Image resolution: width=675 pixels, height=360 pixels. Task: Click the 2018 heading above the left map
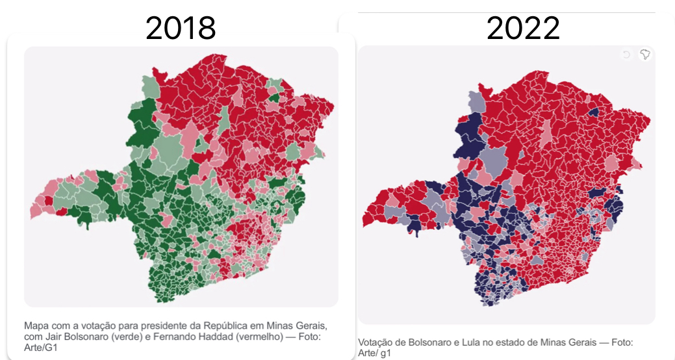coord(180,28)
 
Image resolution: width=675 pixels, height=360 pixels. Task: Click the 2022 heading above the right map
coord(523,28)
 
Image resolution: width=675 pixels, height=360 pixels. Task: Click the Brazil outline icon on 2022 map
coord(644,55)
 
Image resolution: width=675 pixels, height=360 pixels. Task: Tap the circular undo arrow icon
coord(626,55)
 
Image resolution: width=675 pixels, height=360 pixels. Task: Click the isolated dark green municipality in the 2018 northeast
coord(275,98)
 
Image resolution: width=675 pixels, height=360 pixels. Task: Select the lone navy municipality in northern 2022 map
coord(592,111)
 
